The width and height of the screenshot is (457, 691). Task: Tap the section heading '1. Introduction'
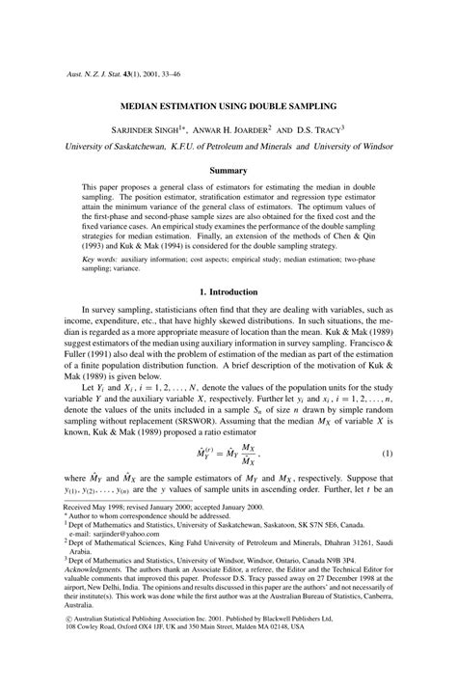(x=228, y=291)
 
